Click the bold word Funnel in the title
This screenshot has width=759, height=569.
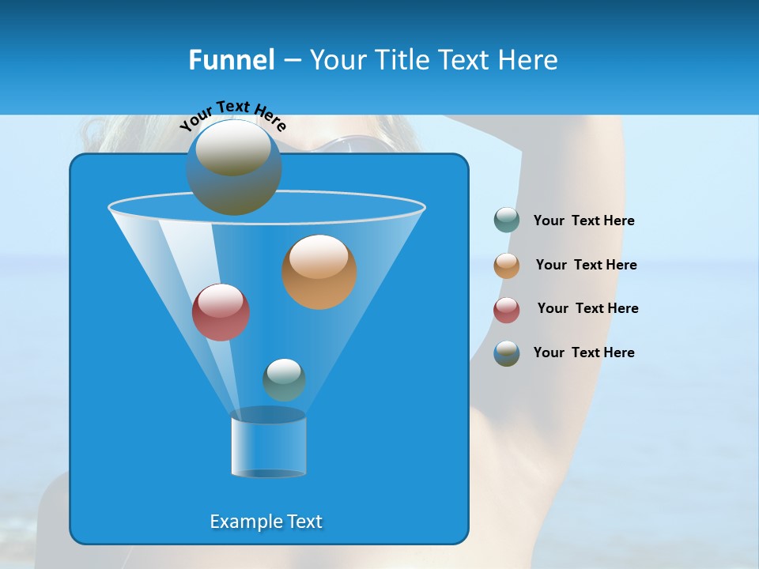pos(231,60)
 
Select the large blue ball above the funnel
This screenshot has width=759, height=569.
pos(234,168)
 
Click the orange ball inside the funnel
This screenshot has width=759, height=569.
pos(319,272)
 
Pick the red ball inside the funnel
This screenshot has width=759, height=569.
pos(221,312)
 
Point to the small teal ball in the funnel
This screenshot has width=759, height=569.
pos(284,379)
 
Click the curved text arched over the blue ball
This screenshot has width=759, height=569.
pos(232,115)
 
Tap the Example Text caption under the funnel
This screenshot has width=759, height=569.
pos(266,522)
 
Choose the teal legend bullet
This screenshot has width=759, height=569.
pos(507,220)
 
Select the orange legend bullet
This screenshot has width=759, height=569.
pos(507,266)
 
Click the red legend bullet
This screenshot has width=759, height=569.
pos(507,310)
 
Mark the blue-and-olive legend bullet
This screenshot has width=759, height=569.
pos(507,353)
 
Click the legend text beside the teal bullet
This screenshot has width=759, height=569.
pos(583,221)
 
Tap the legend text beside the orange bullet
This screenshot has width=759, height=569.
pos(586,265)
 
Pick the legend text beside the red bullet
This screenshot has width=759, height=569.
pos(587,308)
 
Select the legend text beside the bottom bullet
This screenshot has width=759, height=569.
pos(583,352)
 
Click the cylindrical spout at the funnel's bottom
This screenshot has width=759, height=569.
pos(269,444)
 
